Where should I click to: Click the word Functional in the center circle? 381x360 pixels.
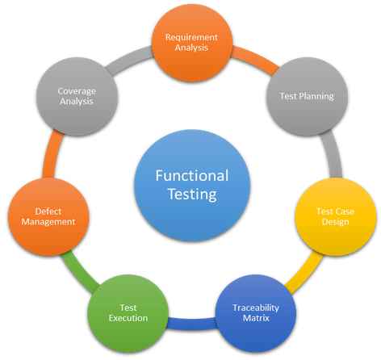pos(192,175)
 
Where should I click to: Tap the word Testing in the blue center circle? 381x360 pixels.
pos(192,195)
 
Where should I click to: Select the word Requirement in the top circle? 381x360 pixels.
pos(191,37)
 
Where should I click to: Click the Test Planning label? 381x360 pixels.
pos(307,96)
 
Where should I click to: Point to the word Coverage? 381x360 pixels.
pos(77,91)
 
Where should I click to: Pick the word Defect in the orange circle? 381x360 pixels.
pos(48,211)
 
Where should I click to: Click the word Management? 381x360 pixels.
pos(48,222)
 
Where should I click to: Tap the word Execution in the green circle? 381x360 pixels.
pos(128,318)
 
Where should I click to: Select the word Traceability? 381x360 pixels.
pos(256,308)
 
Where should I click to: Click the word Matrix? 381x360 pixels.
pos(256,318)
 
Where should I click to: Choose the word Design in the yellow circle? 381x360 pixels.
pos(336,222)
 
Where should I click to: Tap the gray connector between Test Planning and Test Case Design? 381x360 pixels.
pos(333,154)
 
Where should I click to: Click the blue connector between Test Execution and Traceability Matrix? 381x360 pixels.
pos(191,324)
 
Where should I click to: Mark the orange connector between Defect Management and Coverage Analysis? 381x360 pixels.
pos(52,154)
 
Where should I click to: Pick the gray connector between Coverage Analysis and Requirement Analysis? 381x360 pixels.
pos(128,59)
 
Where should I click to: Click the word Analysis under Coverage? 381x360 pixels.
pos(77,102)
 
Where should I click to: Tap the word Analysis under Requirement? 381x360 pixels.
pos(191,48)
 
